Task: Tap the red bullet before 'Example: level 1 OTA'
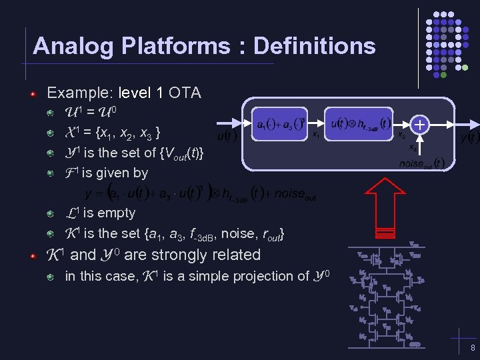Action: [32, 94]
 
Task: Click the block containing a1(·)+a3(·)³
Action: [281, 123]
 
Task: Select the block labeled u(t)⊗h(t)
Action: [361, 123]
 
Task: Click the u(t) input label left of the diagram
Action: [227, 137]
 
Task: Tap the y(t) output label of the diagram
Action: [469, 137]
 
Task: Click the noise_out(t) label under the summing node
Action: [421, 162]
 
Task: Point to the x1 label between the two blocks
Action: [315, 134]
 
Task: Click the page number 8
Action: [472, 348]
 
